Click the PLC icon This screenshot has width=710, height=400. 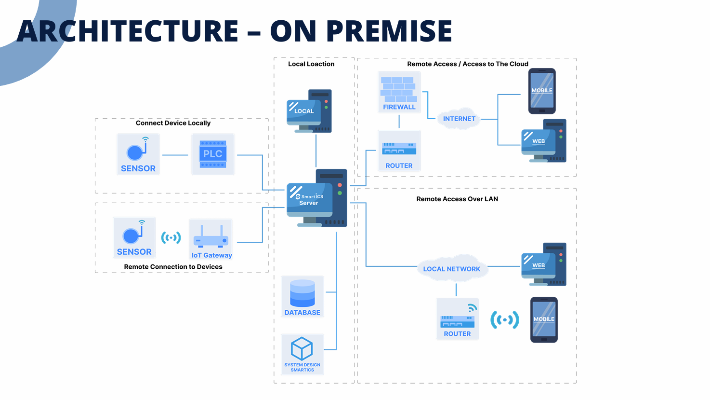click(213, 154)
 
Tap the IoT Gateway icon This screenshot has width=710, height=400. click(211, 239)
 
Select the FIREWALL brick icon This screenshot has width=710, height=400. click(399, 92)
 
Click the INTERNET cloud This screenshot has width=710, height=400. click(459, 119)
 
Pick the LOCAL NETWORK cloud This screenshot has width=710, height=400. click(452, 269)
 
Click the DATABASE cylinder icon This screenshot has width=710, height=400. click(302, 297)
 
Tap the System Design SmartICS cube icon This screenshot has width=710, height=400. click(302, 354)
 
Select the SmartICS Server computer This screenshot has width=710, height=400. click(316, 198)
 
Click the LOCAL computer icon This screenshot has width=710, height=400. click(309, 111)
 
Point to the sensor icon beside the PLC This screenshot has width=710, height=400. click(138, 154)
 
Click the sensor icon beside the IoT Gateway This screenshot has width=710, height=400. click(134, 237)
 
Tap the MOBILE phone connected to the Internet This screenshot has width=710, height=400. click(542, 91)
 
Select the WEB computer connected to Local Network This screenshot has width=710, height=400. click(544, 264)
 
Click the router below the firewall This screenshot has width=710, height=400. click(399, 151)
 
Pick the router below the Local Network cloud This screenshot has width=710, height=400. click(458, 319)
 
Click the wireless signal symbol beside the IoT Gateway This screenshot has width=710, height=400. click(171, 237)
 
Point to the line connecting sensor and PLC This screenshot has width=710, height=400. click(175, 155)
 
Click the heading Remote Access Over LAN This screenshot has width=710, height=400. click(457, 199)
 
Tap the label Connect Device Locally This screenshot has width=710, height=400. click(173, 123)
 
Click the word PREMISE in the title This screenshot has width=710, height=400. click(389, 31)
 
